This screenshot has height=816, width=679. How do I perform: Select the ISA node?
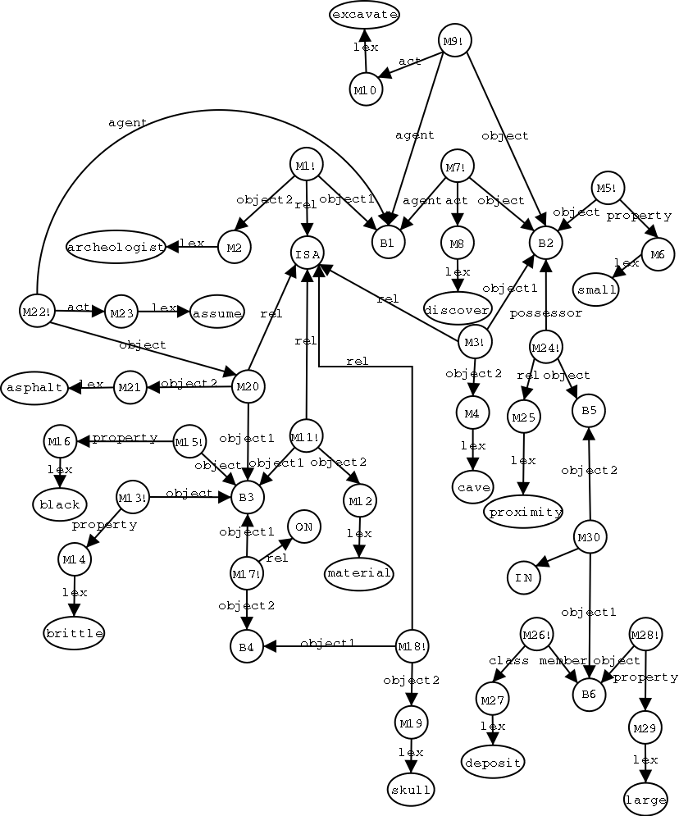pos(307,253)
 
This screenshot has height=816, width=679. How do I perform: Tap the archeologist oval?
pos(116,247)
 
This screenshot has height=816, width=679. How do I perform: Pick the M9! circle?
pos(455,40)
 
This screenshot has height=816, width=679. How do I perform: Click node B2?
pos(545,243)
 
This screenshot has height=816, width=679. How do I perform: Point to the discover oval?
pos(457,308)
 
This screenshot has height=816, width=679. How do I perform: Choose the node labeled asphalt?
pos(34,388)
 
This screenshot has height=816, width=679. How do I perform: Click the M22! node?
pos(36,311)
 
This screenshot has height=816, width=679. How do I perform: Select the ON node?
pos(303,527)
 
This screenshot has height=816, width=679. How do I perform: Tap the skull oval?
pos(411,789)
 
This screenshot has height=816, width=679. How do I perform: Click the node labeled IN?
pos(523,577)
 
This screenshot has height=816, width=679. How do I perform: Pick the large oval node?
pos(645,800)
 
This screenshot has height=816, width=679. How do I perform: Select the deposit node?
pos(493,762)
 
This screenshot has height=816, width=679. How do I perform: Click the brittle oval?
pos(75,633)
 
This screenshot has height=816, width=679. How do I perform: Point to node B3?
pos(247,497)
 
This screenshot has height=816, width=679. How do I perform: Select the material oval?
pos(358,573)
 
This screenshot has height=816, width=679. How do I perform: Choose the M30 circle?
pos(590,537)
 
